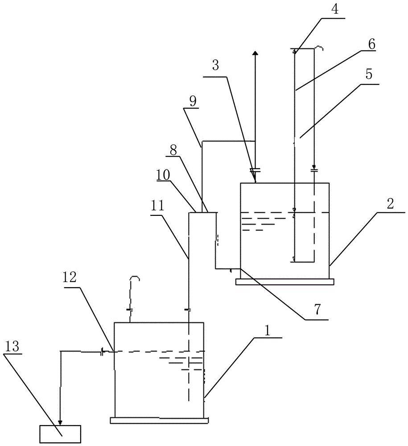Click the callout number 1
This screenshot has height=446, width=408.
pyautogui.click(x=267, y=331)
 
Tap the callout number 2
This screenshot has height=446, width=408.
pyautogui.click(x=390, y=204)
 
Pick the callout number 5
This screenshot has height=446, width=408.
pyautogui.click(x=369, y=74)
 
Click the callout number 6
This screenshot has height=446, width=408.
pyautogui.click(x=371, y=45)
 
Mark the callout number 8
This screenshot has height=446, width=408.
pyautogui.click(x=173, y=150)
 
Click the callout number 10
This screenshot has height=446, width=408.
pyautogui.click(x=163, y=175)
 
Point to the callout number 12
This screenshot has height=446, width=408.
pyautogui.click(x=70, y=278)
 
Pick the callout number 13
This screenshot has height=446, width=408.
pyautogui.click(x=12, y=347)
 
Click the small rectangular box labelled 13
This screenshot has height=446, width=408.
pyautogui.click(x=60, y=434)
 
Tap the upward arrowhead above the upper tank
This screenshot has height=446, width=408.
pyautogui.click(x=256, y=53)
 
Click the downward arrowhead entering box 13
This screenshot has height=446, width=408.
pyautogui.click(x=60, y=422)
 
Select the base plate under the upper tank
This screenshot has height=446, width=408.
pyautogui.click(x=284, y=281)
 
